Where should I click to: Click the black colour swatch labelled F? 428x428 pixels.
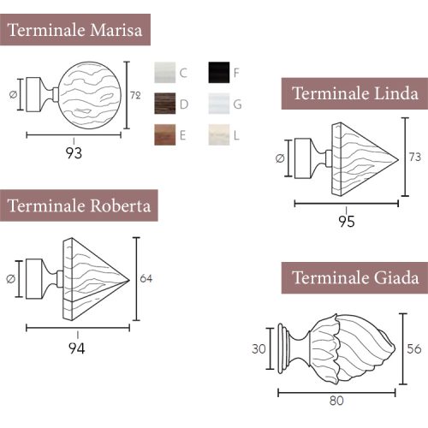219,73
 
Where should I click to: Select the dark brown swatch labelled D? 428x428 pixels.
165,104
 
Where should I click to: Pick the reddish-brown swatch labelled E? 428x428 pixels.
165,134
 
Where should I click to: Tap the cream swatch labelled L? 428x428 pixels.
219,134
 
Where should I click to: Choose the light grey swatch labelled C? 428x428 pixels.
165,73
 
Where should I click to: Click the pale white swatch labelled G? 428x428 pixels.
219,104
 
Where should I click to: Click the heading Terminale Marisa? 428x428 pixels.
75,30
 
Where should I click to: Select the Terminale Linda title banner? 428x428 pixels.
354,93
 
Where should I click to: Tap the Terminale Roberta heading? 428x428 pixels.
79,205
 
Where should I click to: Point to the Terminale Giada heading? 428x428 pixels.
354,277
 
